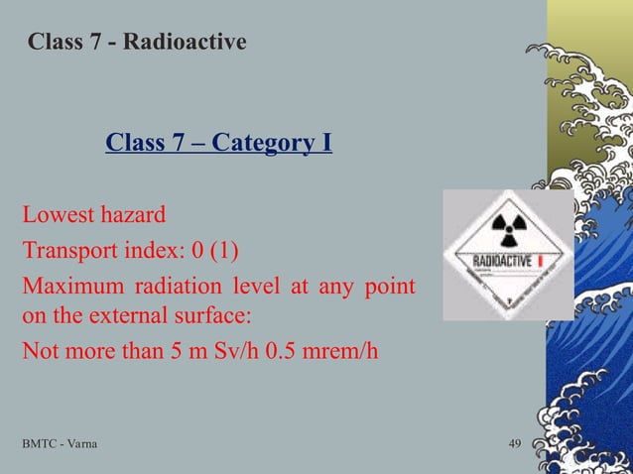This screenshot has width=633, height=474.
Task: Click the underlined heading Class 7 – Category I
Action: coord(218,145)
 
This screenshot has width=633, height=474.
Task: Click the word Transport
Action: coord(65,247)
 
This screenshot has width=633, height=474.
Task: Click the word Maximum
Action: coord(68,288)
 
